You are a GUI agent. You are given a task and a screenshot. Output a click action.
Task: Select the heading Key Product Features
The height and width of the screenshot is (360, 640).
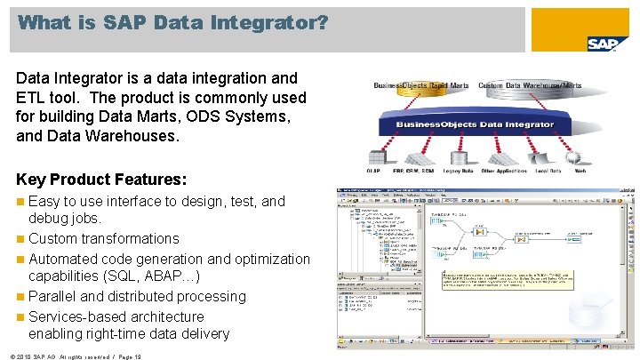click(x=101, y=178)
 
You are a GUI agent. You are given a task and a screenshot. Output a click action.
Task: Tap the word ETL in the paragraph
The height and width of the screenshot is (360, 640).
click(x=30, y=98)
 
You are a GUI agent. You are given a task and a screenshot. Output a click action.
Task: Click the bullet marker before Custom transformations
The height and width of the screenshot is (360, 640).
click(x=20, y=239)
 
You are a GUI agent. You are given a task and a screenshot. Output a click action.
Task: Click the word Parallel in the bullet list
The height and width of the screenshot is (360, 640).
click(x=54, y=296)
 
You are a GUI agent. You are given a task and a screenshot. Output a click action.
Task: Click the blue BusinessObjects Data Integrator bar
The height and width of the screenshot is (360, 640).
click(x=476, y=125)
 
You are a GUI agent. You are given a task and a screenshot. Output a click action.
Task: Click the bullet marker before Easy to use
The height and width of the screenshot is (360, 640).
click(x=20, y=202)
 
